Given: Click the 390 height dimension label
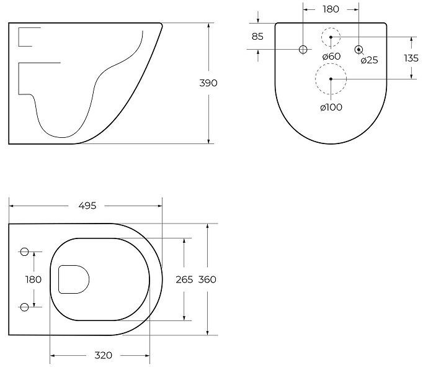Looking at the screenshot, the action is point(208,83).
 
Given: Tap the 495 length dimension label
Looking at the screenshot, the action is point(87,206).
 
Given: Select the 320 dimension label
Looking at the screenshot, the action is point(104,355).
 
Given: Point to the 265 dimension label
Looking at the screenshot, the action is point(184,279).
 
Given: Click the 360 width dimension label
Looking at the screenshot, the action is point(207,279).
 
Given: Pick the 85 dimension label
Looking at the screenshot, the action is point(257,37).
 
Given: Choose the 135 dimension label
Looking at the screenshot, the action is point(411,58).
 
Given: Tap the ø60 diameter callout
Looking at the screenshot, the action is point(331,56).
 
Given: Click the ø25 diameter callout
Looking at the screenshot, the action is point(369,60).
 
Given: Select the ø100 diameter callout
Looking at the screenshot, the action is point(331,107).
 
